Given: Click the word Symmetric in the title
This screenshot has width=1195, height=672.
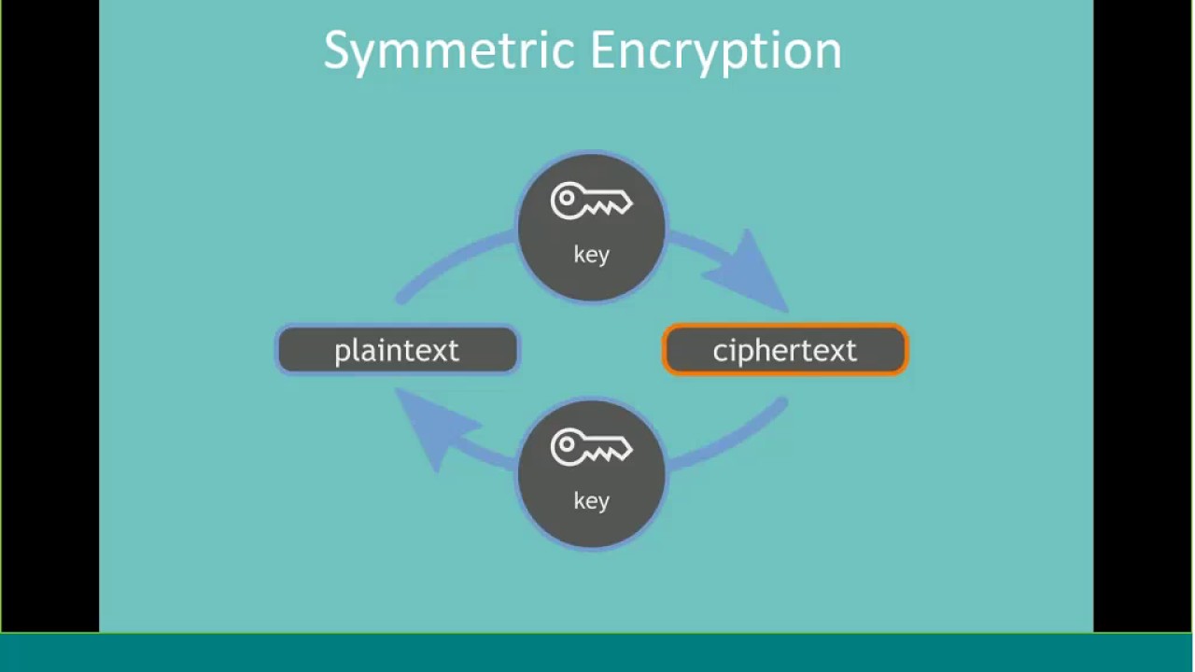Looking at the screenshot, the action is coord(449,51).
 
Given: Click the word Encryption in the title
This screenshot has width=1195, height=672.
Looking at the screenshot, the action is coord(716,51).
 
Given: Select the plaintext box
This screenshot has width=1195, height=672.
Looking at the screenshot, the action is coord(398,349).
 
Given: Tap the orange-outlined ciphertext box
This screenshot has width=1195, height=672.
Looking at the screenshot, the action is coord(785,349).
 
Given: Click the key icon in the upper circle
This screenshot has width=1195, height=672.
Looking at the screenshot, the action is coord(591,201).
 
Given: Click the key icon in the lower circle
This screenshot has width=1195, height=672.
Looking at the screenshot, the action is coord(591,447).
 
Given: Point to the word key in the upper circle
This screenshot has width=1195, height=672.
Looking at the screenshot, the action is coord(591,255).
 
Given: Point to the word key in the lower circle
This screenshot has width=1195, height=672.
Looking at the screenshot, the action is coord(591,501).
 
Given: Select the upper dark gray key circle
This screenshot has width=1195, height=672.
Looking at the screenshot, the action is coord(591,227).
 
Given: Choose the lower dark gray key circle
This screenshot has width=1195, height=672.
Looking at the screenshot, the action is coord(591,473).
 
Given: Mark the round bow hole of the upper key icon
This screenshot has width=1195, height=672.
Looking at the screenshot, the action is coord(567,199).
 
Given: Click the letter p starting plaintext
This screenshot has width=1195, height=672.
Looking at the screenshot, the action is coord(342,353).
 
